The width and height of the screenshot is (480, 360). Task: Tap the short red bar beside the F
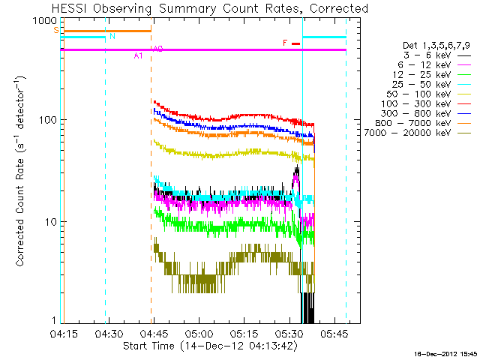click(x=295, y=43)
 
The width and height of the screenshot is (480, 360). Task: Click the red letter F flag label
click(x=285, y=43)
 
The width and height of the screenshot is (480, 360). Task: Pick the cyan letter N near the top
click(x=112, y=36)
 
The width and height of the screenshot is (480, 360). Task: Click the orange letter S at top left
click(x=55, y=30)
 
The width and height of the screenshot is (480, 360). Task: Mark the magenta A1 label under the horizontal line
click(x=138, y=55)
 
